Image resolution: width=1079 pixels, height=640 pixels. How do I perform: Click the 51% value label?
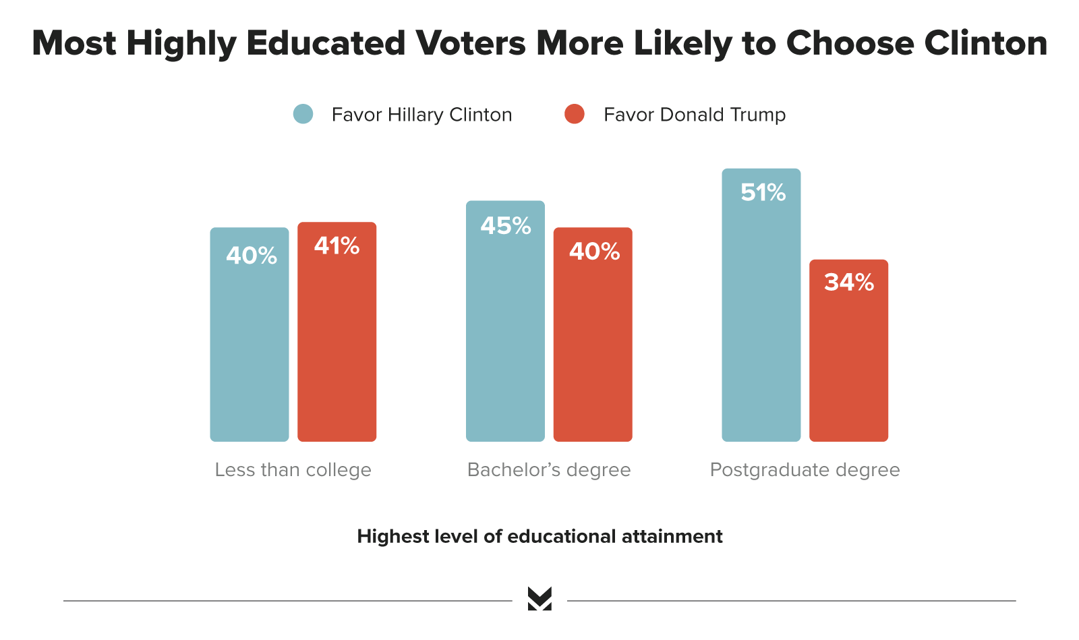tap(763, 193)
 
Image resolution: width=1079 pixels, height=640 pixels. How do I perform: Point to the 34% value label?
tap(849, 283)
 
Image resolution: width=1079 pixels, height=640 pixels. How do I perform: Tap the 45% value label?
tap(506, 225)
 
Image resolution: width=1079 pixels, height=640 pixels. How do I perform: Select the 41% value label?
tap(337, 245)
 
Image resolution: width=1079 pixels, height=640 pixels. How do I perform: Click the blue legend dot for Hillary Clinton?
tap(303, 114)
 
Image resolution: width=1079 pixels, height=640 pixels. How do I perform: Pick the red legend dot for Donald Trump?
tap(575, 114)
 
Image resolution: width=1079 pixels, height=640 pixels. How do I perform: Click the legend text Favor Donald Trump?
tap(695, 115)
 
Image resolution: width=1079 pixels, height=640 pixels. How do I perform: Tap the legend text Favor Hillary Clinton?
tap(421, 115)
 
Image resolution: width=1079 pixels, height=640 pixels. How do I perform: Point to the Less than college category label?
tap(293, 470)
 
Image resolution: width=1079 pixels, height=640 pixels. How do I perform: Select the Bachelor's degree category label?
tap(549, 470)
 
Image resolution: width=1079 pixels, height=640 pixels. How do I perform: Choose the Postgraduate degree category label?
tap(805, 470)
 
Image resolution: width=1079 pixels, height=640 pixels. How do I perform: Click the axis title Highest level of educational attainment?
tap(539, 537)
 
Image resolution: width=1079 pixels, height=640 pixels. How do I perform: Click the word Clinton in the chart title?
tap(985, 43)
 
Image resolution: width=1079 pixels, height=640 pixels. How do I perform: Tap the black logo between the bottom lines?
tap(539, 599)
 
